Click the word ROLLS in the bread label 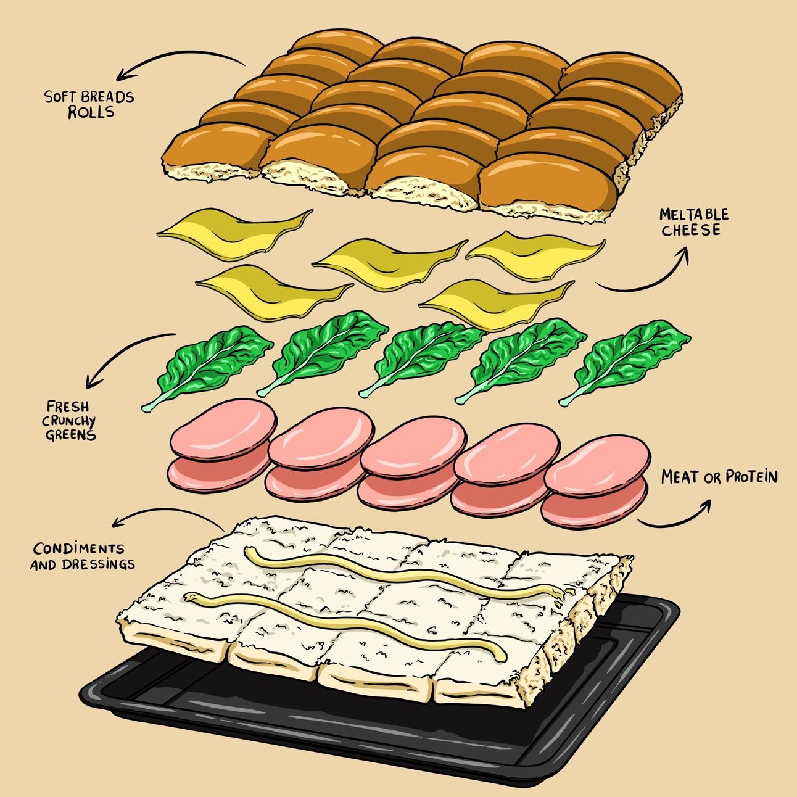(91, 112)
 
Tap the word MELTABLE (694, 214)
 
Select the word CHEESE (691, 230)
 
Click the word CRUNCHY (68, 421)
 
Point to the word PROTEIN (751, 477)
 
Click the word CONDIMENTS (78, 549)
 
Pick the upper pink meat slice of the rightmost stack (597, 465)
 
